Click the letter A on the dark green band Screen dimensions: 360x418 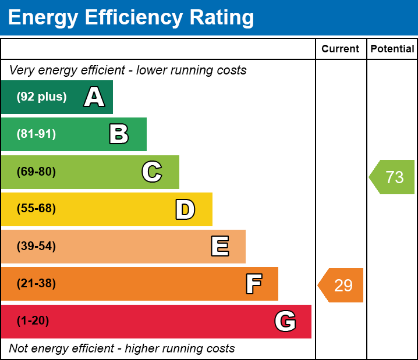tap(94, 97)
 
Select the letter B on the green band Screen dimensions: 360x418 tap(119, 134)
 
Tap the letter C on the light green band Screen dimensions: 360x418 tap(152, 172)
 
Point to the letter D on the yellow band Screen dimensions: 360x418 tap(185, 209)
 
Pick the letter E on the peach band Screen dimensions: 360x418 tap(219, 247)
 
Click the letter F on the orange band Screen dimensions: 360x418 tap(253, 284)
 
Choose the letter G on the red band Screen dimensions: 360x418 tap(285, 321)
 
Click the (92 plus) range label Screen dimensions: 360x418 tap(41, 97)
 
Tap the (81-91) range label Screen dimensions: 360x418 tap(36, 134)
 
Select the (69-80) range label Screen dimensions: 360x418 tap(36, 172)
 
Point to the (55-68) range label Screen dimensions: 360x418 tap(36, 209)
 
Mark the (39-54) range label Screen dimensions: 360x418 tap(36, 247)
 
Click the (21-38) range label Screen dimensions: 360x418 tap(36, 284)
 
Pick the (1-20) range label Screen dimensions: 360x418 tap(33, 321)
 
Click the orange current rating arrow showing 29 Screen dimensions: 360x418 tap(341, 286)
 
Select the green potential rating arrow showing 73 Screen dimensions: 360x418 tap(392, 177)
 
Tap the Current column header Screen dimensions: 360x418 tap(341, 49)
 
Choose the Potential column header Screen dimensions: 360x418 tap(392, 49)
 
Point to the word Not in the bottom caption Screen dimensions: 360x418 tap(19, 349)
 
